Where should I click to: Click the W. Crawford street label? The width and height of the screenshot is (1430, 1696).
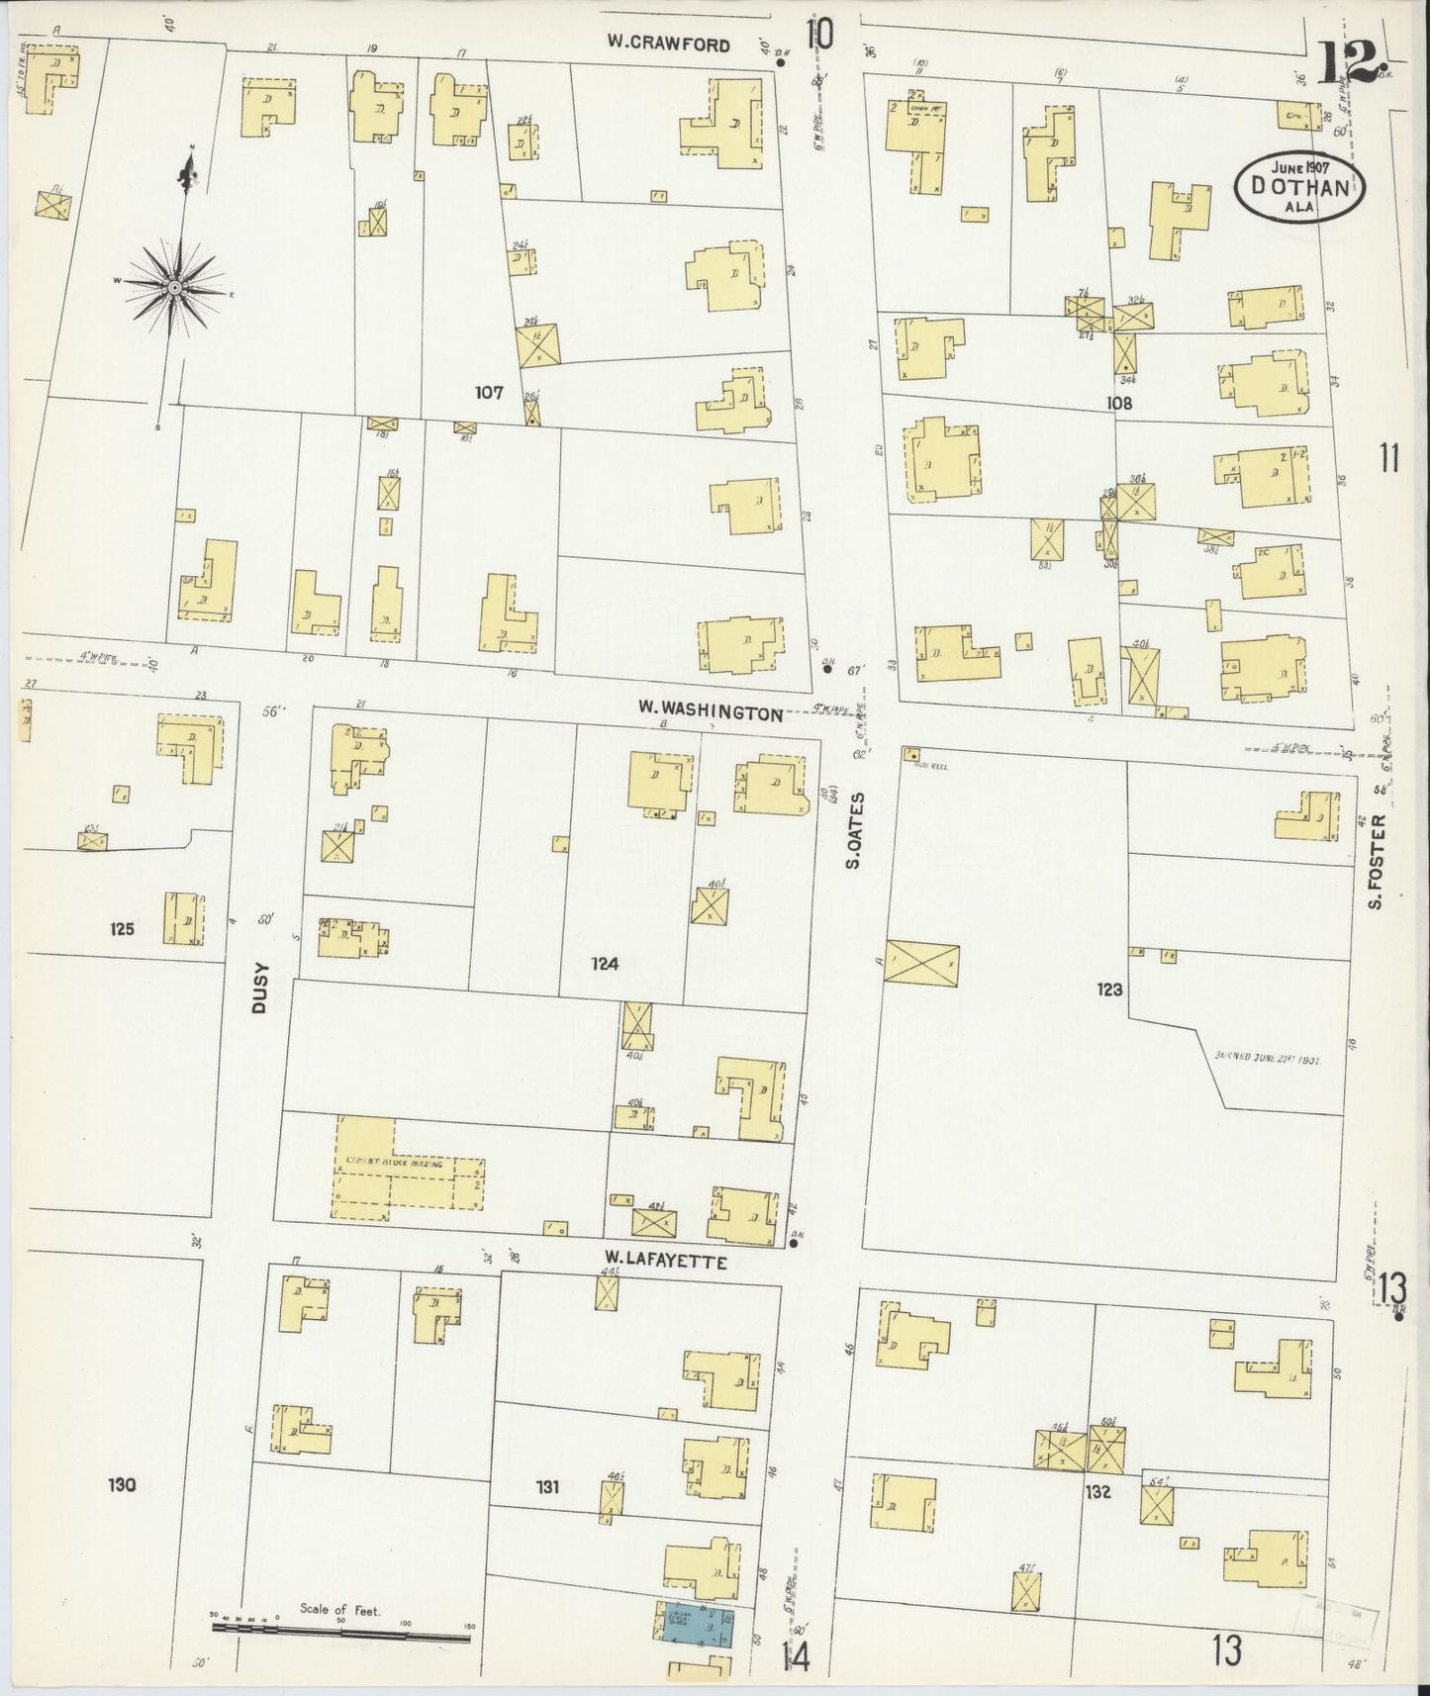pos(669,45)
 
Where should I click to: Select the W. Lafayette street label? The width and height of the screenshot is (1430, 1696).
pos(666,1262)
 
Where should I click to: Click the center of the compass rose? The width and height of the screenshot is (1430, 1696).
pos(175,287)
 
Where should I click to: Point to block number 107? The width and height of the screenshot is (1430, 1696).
pos(489,393)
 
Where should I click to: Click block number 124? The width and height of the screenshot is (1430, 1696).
pos(605,963)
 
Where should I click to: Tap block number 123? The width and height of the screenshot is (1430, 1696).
pos(1110,988)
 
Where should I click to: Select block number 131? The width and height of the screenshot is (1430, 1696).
pos(547,1485)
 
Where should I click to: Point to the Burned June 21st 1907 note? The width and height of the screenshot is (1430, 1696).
pos(1268,1057)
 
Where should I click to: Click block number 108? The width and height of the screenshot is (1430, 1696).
pos(1119,404)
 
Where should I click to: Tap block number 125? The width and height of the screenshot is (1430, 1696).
pos(124,929)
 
